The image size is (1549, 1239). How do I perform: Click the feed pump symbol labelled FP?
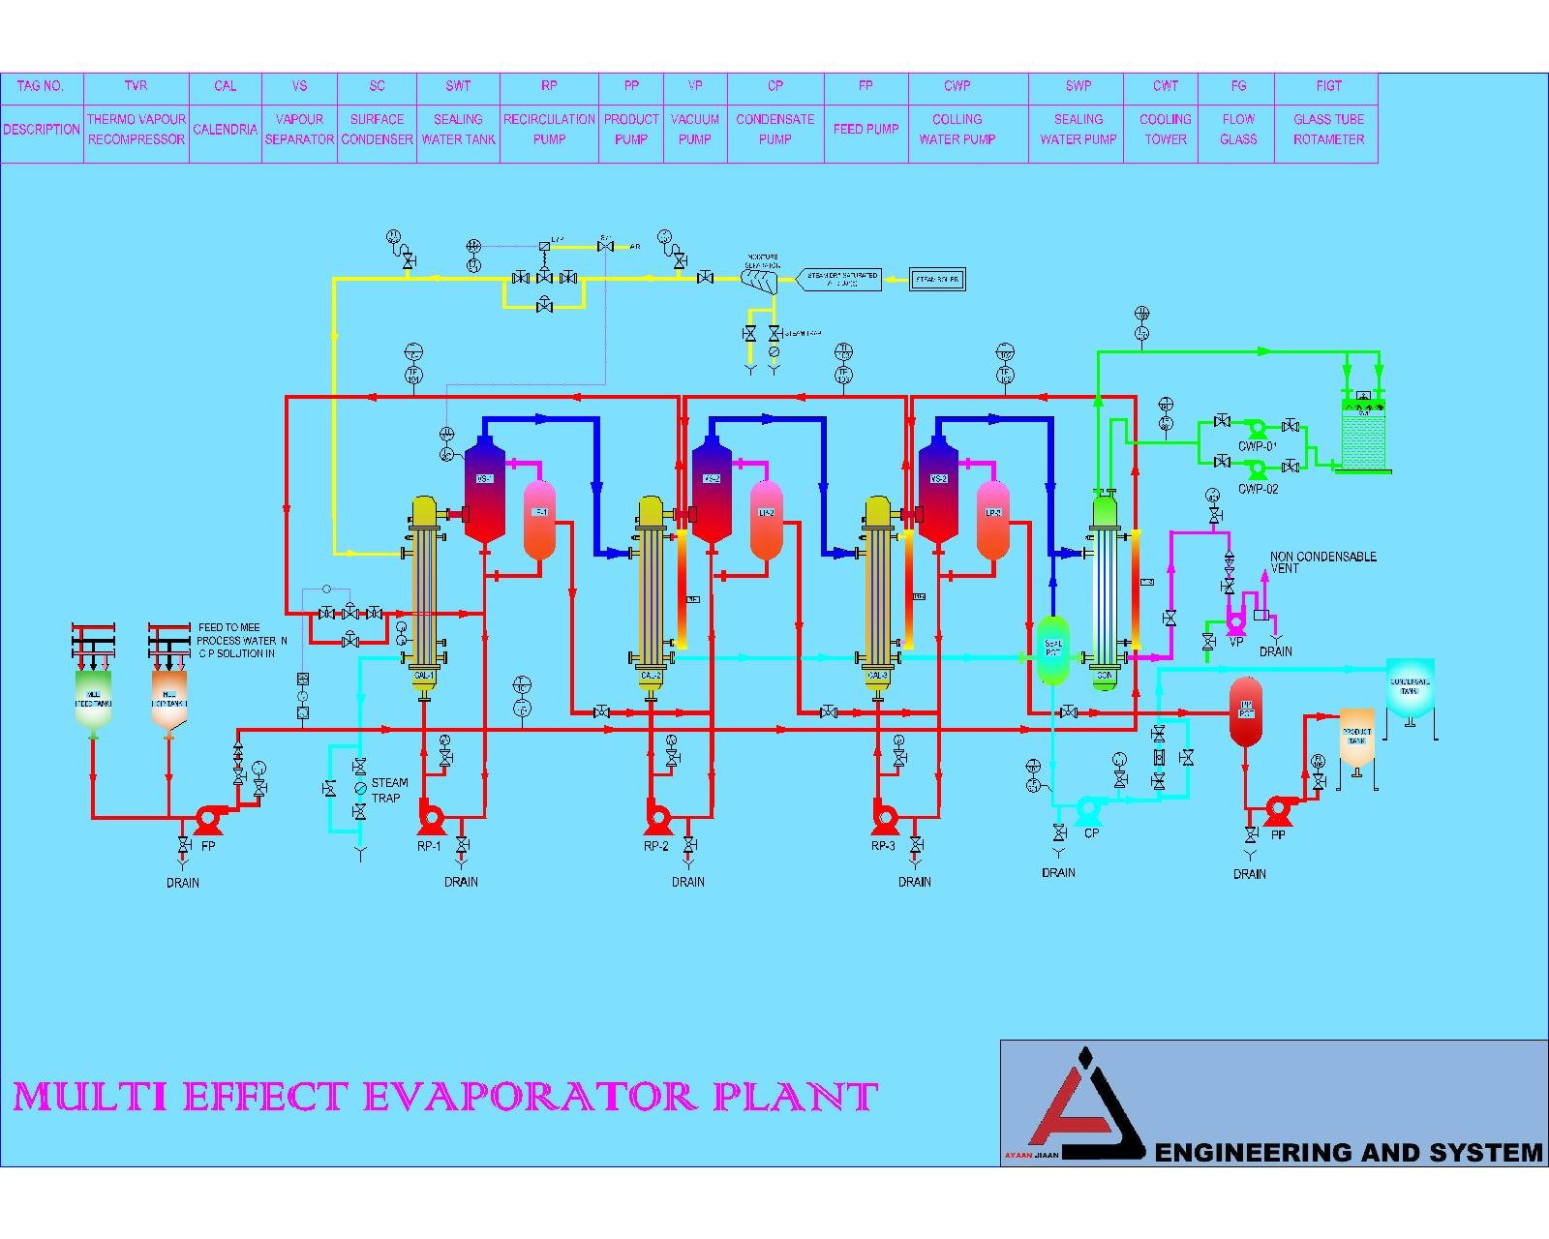pos(206,819)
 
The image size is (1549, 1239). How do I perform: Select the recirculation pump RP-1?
pos(430,819)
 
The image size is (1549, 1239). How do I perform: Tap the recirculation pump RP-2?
pos(657,819)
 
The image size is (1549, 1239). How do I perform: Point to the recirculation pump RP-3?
pos(884,819)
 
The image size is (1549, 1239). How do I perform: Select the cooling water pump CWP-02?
pos(1257,469)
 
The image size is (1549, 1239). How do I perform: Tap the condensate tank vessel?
pos(1409,688)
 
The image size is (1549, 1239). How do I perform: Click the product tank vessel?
pos(1356,738)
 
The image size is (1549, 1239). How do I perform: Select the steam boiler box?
pos(937,281)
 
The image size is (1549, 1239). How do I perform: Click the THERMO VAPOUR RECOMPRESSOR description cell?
pos(137,130)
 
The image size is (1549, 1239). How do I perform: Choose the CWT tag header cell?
pos(1165,86)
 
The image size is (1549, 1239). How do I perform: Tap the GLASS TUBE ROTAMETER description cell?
pos(1328,130)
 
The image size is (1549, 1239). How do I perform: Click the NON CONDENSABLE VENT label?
pos(1322,562)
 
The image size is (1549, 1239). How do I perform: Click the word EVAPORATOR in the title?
pos(531,1097)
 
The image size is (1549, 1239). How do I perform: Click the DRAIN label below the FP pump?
pos(183,883)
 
